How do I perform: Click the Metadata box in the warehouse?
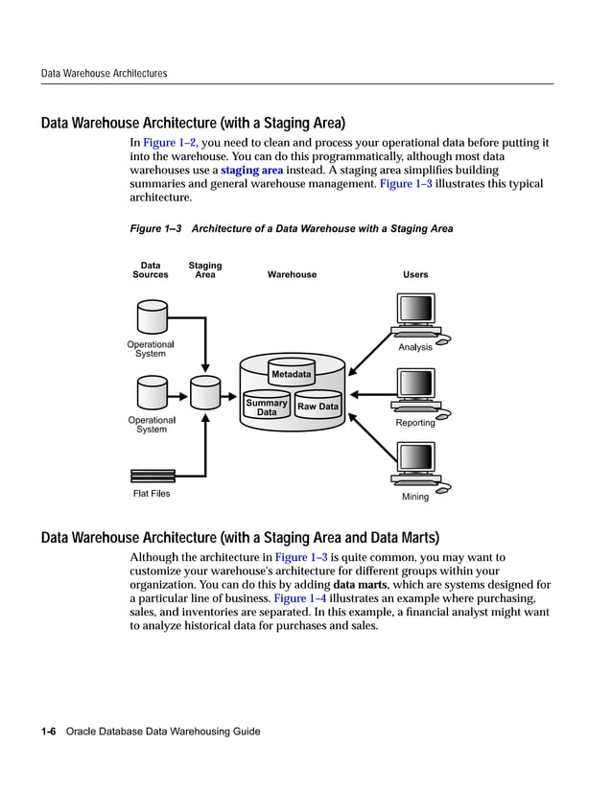point(291,373)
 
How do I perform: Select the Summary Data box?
point(267,408)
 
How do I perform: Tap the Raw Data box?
point(318,407)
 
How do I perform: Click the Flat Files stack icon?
point(153,476)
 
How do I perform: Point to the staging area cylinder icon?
point(204,391)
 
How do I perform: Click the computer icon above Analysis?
point(416,316)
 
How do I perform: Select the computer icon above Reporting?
point(416,392)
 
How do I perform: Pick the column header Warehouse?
point(292,275)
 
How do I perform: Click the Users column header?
point(415,275)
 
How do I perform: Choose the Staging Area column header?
point(204,270)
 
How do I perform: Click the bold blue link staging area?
point(251,170)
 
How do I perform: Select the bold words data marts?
point(360,585)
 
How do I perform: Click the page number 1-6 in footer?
point(48,732)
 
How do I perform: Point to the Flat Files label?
point(152,494)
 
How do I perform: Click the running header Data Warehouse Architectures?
point(104,73)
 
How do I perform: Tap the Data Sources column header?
point(151,270)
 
